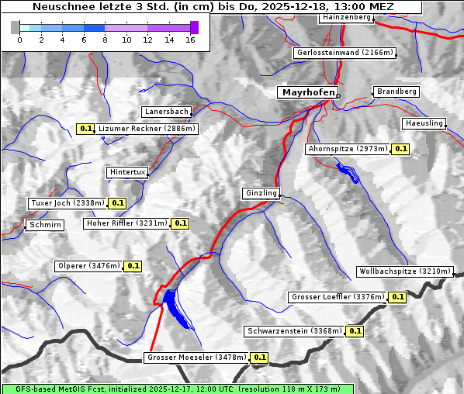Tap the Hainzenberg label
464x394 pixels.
click(345, 16)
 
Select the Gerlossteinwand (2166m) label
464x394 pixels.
click(345, 53)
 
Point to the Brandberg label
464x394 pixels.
click(396, 92)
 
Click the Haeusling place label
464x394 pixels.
click(424, 123)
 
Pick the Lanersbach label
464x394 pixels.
click(166, 112)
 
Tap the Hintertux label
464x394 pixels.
click(127, 172)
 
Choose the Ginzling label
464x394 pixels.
click(261, 193)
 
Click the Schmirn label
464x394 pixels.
click(44, 225)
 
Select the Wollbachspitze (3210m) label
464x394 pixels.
click(404, 271)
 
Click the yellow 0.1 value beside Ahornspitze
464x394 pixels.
click(400, 148)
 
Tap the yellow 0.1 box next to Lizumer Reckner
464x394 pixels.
click(85, 128)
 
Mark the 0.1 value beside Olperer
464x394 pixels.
click(133, 266)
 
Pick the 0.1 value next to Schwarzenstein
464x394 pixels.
click(355, 331)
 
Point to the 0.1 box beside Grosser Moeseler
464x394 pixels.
click(259, 358)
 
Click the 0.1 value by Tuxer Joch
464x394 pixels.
click(117, 203)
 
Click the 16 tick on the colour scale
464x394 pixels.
click(190, 39)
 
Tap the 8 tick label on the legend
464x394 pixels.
click(105, 39)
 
